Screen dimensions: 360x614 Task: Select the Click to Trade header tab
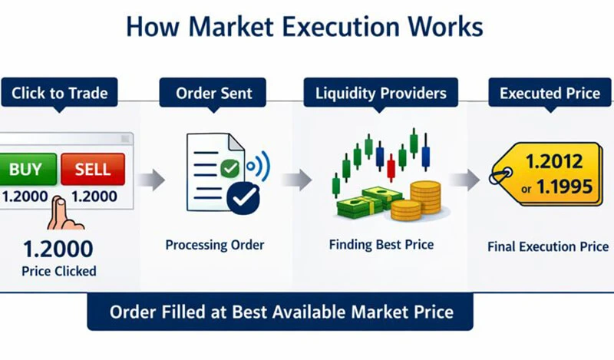click(59, 94)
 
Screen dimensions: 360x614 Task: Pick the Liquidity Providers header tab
click(381, 94)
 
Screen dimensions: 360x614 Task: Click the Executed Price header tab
click(549, 94)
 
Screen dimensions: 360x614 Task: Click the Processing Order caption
click(215, 246)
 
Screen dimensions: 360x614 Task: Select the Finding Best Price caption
click(381, 246)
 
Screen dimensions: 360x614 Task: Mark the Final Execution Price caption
click(548, 247)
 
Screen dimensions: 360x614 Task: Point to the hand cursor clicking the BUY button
click(63, 213)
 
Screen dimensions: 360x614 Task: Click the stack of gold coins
click(424, 198)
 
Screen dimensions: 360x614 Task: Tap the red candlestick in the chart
click(391, 166)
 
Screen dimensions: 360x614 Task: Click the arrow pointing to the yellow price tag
click(464, 181)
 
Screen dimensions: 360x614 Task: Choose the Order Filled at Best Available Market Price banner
click(280, 312)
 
